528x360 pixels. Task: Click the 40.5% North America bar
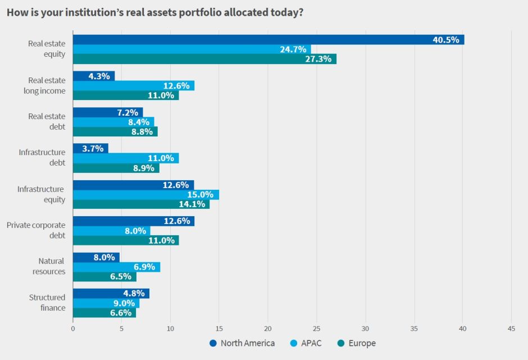click(268, 40)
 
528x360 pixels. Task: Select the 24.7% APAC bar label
click(293, 49)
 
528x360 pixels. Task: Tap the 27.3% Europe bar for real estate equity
click(204, 59)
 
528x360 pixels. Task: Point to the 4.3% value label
click(99, 76)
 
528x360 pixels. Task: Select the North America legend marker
click(213, 343)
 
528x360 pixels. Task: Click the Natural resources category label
click(52, 266)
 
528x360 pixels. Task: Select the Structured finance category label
click(47, 302)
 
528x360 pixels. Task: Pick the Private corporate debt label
click(36, 230)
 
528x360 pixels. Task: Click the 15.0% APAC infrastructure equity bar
click(146, 194)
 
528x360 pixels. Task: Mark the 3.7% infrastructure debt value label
click(93, 149)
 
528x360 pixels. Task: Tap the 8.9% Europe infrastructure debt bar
click(116, 168)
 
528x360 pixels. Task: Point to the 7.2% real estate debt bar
click(108, 113)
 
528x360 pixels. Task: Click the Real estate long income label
click(47, 85)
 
